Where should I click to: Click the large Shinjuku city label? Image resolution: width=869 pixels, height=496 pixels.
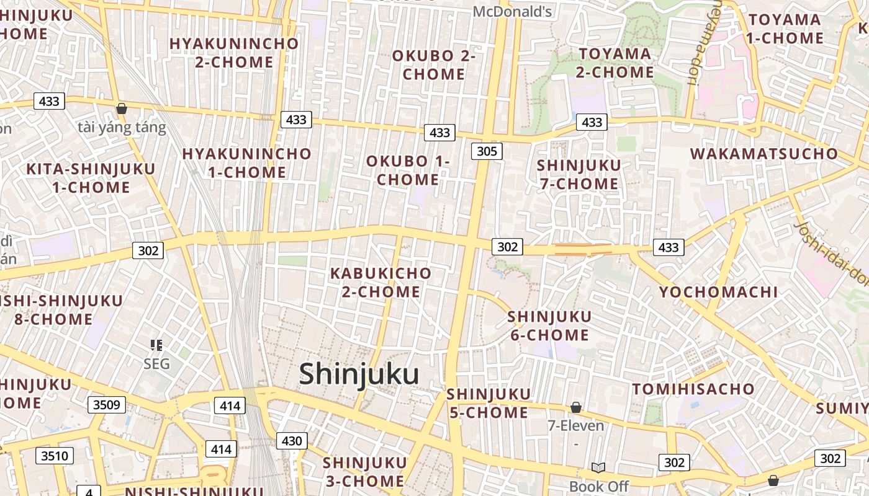359,374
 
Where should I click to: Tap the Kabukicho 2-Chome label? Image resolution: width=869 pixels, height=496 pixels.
380,282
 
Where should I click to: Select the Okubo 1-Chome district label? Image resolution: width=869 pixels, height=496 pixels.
407,170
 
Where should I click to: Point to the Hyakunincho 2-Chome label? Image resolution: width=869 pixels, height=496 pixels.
234,53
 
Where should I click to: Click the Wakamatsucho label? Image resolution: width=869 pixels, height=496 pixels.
764,154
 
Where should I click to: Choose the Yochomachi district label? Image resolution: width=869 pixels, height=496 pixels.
718,292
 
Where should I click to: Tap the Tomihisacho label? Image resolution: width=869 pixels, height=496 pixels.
693,389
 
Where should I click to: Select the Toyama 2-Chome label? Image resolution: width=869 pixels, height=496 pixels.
615,63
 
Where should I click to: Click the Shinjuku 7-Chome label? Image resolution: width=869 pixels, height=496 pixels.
579,174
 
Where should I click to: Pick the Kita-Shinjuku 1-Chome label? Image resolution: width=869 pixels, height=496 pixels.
91,178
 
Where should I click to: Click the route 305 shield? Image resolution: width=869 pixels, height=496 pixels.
486,151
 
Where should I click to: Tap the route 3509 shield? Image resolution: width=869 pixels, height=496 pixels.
106,405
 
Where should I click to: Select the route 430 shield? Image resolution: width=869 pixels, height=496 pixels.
291,441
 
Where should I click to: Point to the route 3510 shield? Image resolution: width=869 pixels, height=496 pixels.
55,456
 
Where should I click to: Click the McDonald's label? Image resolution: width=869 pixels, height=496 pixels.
512,11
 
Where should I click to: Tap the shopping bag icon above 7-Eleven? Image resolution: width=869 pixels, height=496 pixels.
576,407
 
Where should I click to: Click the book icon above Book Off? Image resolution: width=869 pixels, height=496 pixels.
598,468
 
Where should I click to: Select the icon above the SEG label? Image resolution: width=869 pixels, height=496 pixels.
156,345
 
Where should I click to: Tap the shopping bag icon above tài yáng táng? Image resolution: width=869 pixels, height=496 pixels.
122,108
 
